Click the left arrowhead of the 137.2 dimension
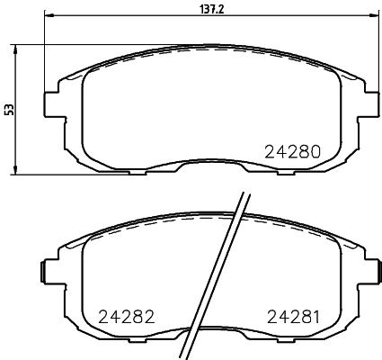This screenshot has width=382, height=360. (47, 15)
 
